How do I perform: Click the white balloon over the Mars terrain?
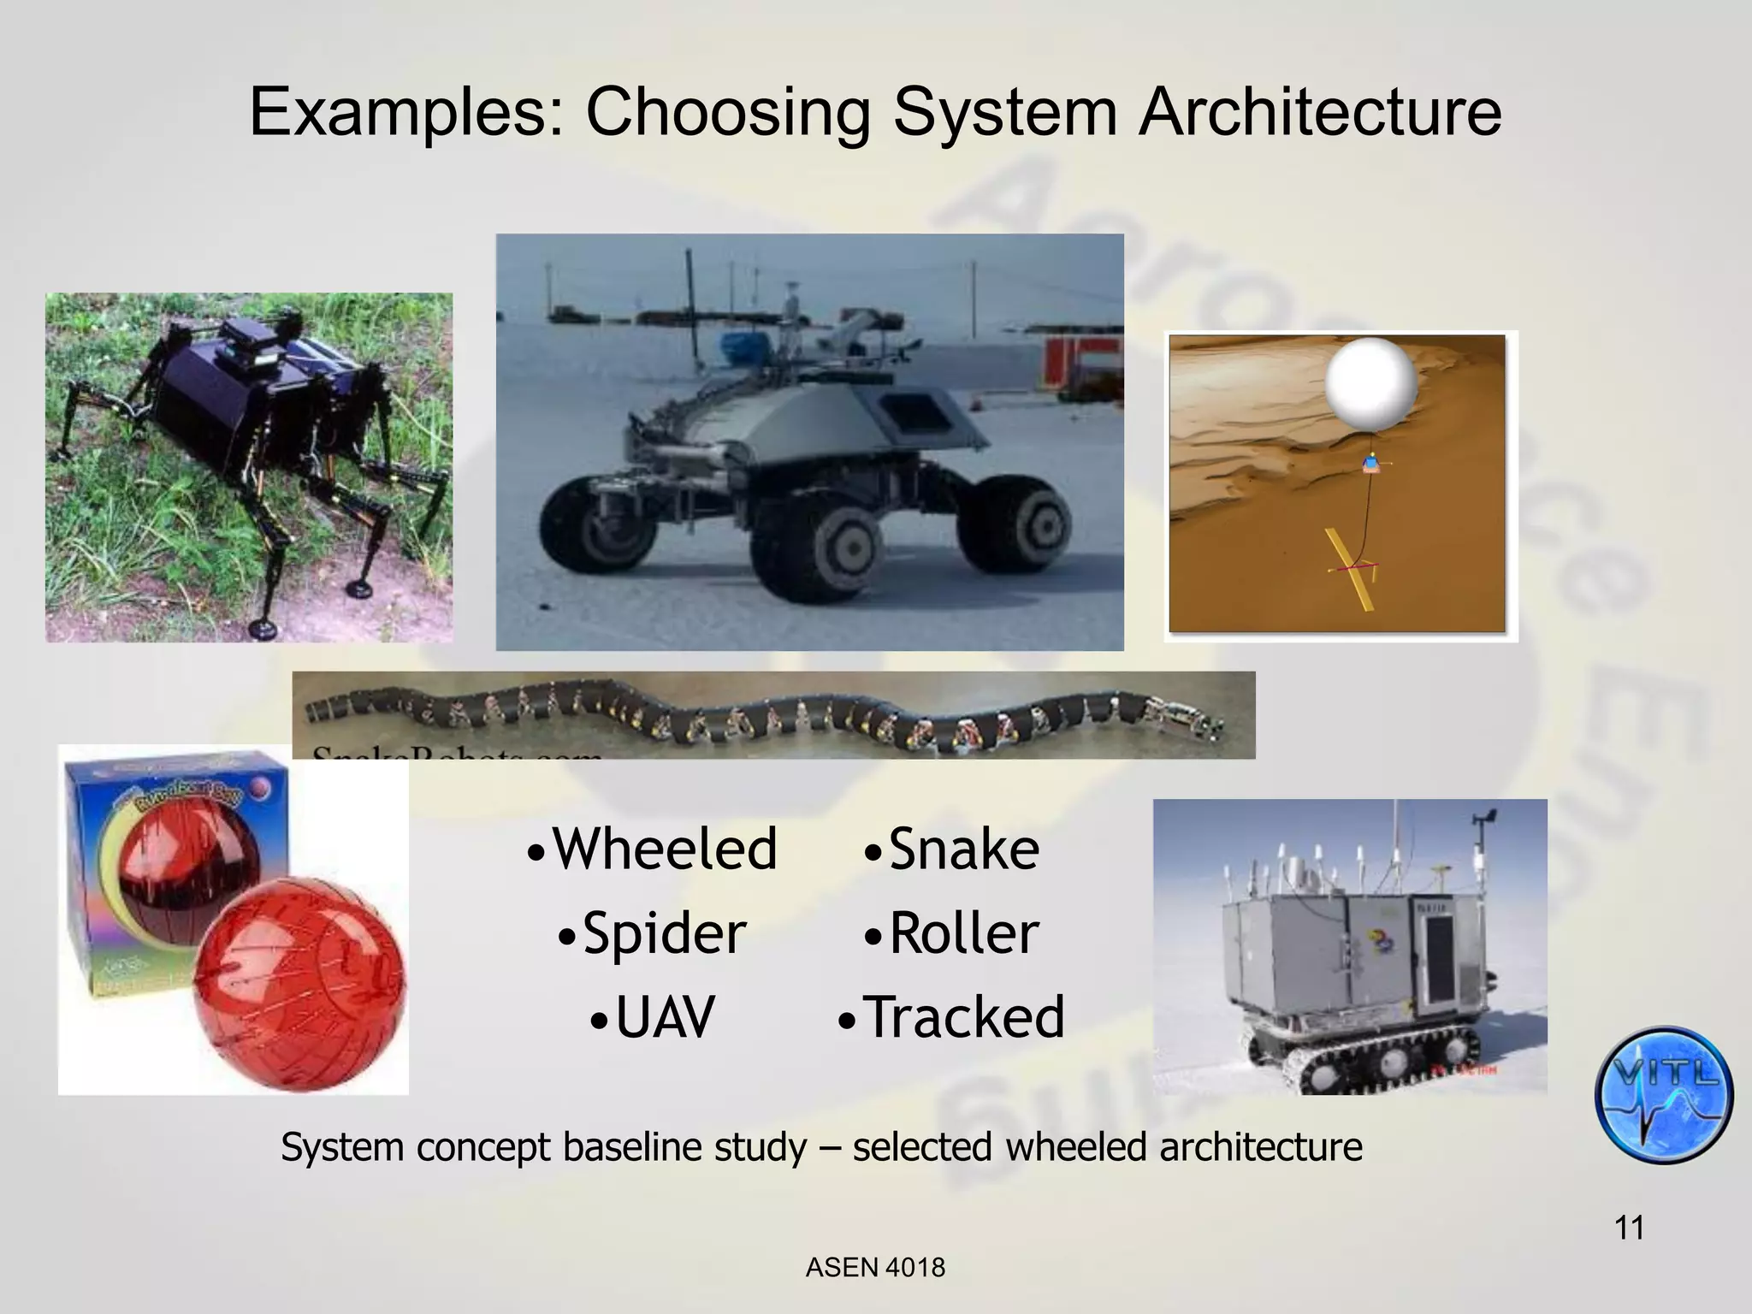click(x=1371, y=382)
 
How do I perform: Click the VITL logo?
click(x=1663, y=1095)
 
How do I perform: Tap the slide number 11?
click(x=1629, y=1228)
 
